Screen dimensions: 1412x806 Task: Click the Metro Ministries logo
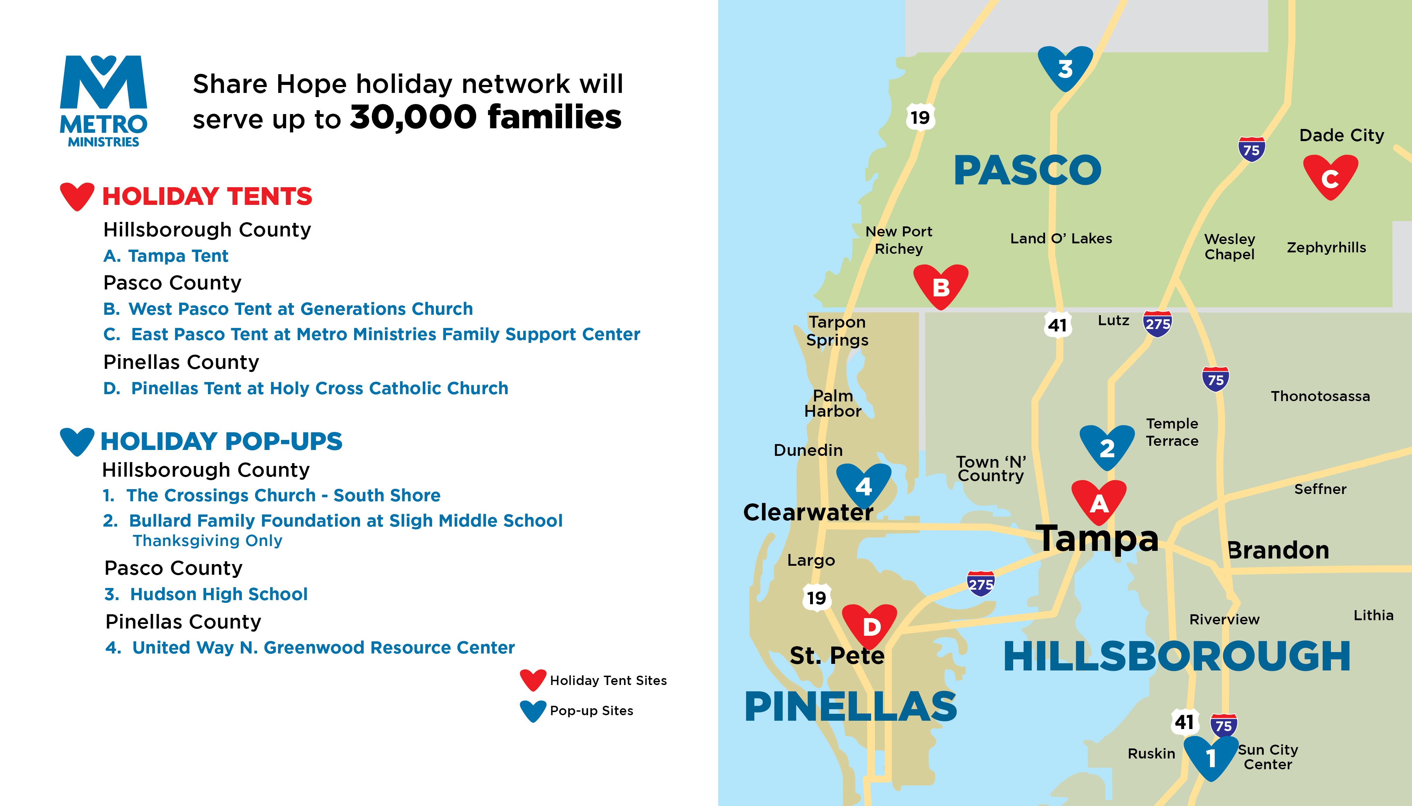[x=104, y=101]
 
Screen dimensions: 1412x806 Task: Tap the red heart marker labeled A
[x=1099, y=502]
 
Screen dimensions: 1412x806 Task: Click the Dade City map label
[x=1342, y=136]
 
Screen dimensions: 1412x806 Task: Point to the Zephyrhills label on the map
[x=1326, y=248]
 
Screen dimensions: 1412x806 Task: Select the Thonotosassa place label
[x=1320, y=396]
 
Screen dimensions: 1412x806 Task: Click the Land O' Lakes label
[x=1061, y=239]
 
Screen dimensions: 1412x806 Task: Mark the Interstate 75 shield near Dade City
[x=1251, y=149]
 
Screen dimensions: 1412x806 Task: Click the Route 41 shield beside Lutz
[x=1057, y=325]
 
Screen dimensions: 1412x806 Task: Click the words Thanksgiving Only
[x=208, y=540]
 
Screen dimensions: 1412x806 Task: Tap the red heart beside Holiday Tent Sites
[x=533, y=680]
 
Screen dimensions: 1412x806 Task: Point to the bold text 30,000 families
[x=486, y=118]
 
